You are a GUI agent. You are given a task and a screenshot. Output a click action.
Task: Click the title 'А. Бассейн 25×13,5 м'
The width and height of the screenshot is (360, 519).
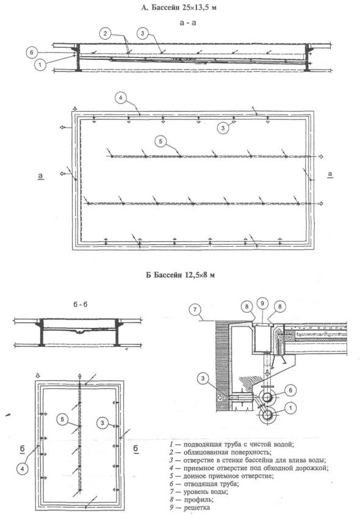pos(179,7)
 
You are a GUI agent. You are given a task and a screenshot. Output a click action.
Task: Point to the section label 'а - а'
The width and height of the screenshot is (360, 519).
pos(187,23)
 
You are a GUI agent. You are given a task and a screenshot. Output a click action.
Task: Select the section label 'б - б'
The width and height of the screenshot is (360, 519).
pos(81,305)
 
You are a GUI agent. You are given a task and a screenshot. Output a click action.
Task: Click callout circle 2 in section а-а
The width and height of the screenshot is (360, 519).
pos(105,33)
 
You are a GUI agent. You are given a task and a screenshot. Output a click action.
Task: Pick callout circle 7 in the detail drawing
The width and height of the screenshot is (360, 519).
pos(195,310)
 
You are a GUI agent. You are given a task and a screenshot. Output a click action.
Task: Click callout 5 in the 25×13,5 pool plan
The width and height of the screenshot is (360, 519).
pos(161,141)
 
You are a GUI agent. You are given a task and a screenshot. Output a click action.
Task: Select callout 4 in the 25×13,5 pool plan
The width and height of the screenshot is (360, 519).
pos(121,98)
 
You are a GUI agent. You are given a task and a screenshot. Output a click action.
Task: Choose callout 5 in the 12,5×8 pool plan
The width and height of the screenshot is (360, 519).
pos(62,419)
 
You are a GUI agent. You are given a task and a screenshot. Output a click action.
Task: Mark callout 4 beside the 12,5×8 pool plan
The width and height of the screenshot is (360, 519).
pos(23,468)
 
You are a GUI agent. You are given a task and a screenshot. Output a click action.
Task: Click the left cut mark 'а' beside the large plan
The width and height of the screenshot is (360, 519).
pos(41,176)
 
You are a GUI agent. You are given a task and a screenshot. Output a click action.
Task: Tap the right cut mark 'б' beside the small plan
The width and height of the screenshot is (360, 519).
pos(135,449)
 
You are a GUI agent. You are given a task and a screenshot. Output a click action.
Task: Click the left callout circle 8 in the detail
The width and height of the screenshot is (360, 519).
pos(247,307)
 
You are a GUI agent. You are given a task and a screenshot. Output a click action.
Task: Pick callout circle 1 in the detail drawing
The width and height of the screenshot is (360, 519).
pos(290,408)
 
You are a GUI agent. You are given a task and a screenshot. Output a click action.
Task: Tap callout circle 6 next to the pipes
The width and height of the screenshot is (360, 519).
pos(290,391)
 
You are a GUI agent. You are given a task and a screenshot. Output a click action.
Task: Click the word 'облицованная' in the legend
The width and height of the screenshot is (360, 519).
pos(205,452)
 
